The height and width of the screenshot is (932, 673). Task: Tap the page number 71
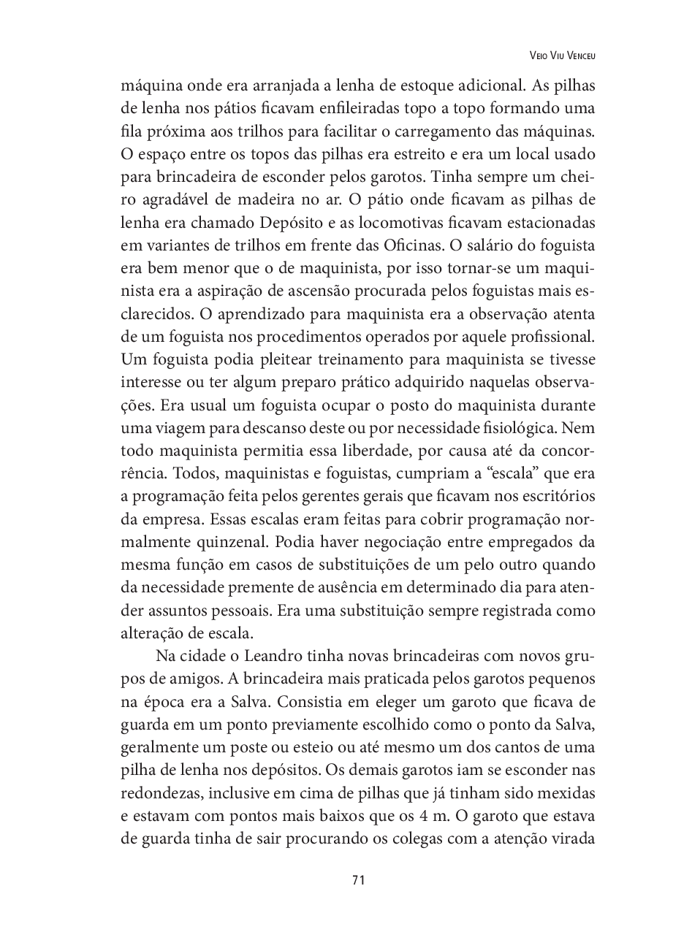point(358,879)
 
